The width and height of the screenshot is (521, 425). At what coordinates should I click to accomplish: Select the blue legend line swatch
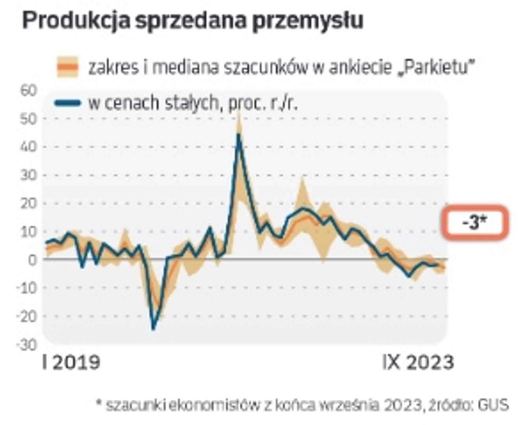click(68, 103)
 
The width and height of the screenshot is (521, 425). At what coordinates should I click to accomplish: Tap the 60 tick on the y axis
click(28, 91)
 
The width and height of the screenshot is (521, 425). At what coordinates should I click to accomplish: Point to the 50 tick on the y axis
click(28, 119)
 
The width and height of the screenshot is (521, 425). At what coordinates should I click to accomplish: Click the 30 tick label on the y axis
click(28, 175)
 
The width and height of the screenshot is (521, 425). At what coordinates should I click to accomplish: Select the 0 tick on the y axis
click(32, 260)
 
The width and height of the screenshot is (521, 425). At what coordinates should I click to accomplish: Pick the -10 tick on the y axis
click(27, 288)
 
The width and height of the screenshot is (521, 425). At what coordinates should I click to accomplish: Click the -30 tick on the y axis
click(27, 344)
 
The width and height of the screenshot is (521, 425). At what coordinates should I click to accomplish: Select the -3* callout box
click(475, 222)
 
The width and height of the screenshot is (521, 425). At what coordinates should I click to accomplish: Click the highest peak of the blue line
click(238, 135)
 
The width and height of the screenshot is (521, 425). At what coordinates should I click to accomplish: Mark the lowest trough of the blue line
click(153, 328)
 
